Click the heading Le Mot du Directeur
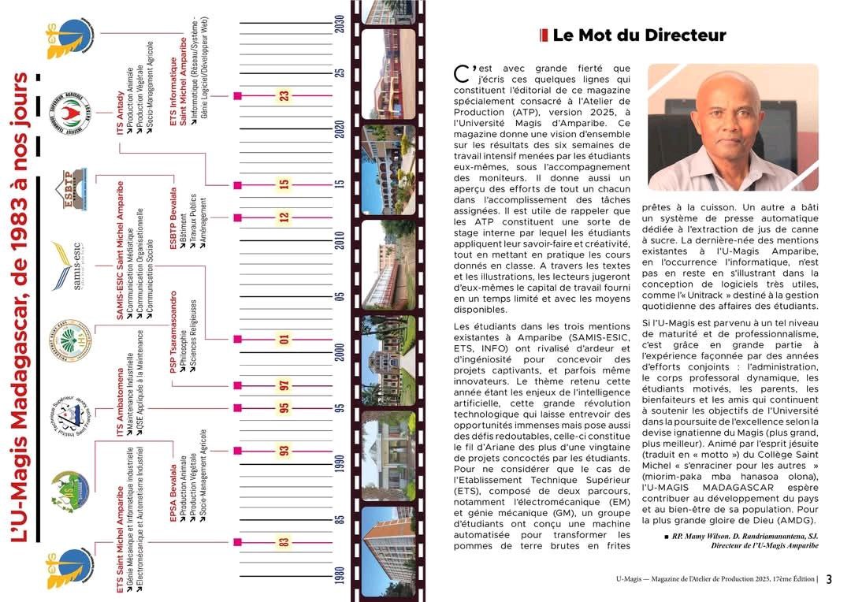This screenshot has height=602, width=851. click(638, 35)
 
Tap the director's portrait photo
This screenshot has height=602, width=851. click(733, 127)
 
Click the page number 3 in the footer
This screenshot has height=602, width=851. click(829, 579)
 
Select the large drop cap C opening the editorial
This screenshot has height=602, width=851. click(463, 74)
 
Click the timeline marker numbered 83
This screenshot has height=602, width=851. click(284, 542)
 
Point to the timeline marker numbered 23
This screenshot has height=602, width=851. click(284, 96)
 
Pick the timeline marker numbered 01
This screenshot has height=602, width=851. click(284, 340)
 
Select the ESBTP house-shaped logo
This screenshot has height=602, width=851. click(69, 190)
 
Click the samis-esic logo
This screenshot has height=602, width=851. click(69, 266)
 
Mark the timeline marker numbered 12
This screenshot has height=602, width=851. click(284, 217)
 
